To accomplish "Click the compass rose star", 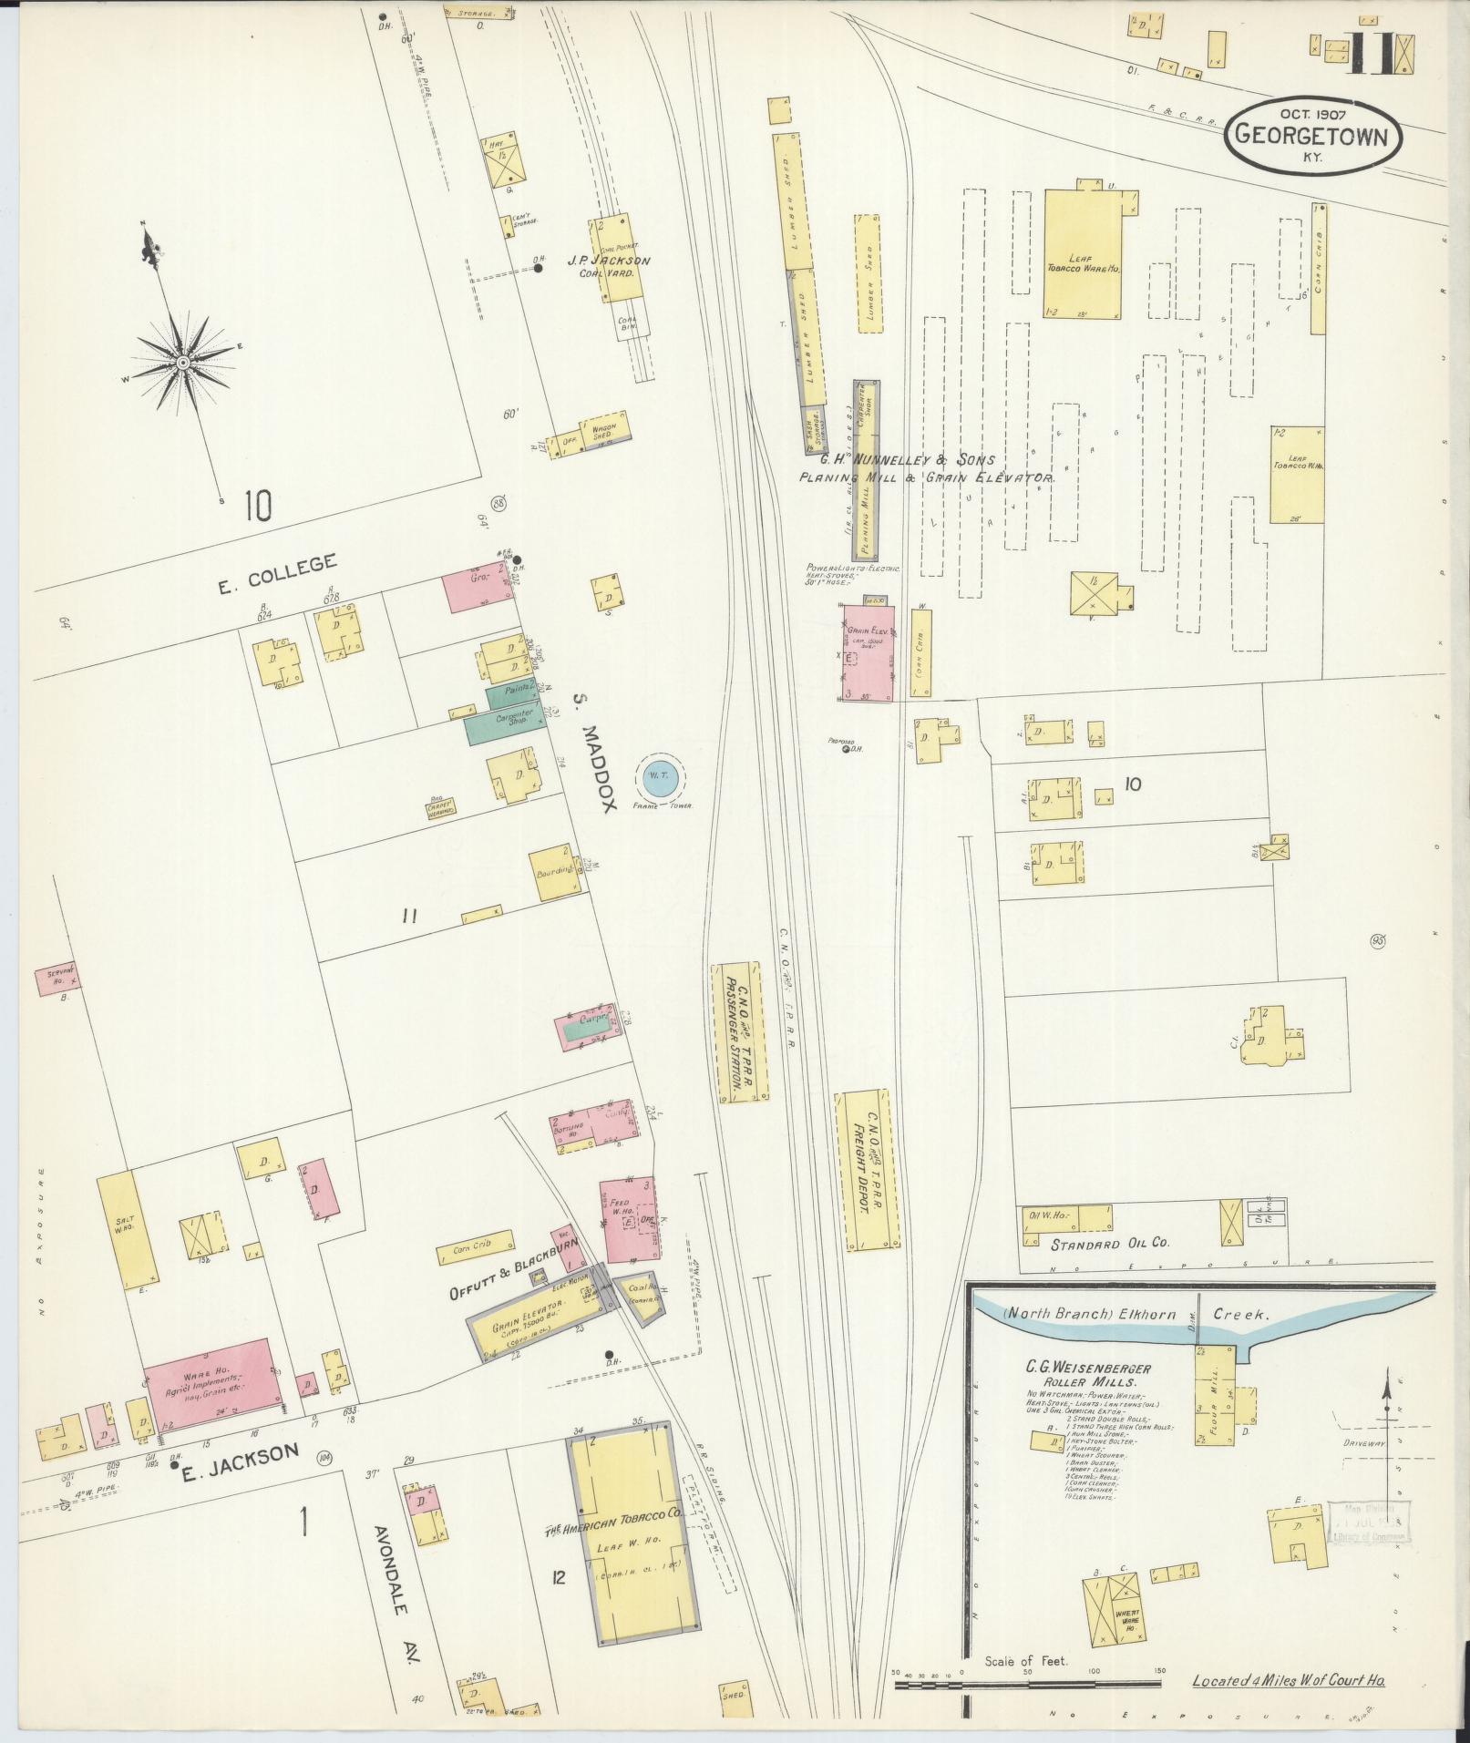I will pos(182,363).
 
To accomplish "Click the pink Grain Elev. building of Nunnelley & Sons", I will pos(867,652).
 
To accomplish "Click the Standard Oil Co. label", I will pos(1109,1243).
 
